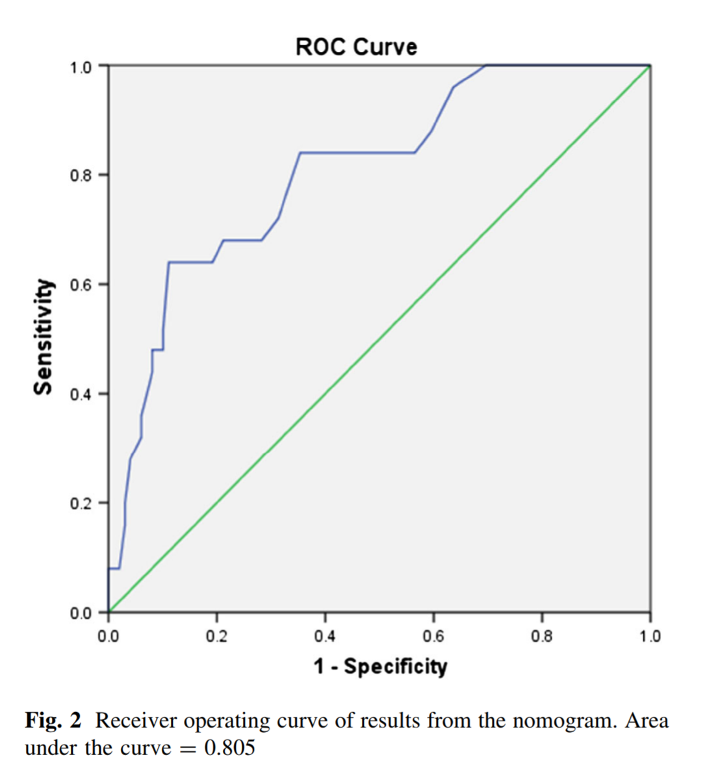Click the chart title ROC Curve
pos(356,47)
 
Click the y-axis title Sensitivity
pos(43,337)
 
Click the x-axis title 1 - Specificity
pos(380,667)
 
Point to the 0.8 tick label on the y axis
pos(81,175)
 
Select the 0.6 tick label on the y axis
pos(81,285)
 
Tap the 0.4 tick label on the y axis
pos(81,394)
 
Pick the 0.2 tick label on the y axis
pos(81,503)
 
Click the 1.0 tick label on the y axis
pos(81,67)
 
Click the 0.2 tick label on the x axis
pos(216,636)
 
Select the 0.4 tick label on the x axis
pos(325,636)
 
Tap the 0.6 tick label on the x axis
pos(433,636)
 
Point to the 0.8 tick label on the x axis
pos(542,636)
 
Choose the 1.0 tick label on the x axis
pos(650,636)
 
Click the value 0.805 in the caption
pos(229,748)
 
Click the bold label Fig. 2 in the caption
pos(53,721)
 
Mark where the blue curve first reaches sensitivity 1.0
pos(485,66)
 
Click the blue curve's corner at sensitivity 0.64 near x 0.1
pos(169,262)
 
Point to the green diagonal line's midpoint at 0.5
pos(379,339)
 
